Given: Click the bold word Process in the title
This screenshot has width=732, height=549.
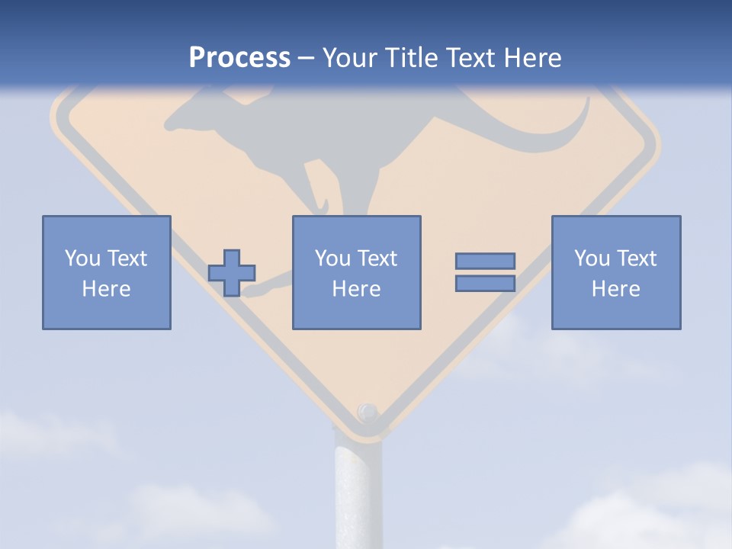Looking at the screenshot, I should tap(239, 58).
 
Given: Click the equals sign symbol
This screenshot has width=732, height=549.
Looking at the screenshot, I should tap(485, 272).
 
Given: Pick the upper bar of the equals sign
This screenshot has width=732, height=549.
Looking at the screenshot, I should tap(485, 261).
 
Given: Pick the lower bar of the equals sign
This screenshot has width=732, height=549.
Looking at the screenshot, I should tap(485, 284).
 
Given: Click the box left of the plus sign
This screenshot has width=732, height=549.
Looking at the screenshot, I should tap(107, 272).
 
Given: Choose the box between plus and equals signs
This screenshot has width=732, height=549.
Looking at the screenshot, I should tap(356, 272).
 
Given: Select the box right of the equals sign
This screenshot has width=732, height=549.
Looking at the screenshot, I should tap(615, 272).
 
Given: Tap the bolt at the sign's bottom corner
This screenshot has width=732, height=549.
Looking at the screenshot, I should tap(368, 413).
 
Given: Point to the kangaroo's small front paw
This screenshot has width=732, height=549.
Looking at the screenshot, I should tap(323, 207).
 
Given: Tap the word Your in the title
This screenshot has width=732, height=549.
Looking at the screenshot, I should tap(348, 58).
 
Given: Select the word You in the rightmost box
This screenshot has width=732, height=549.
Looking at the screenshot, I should tap(592, 258).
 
